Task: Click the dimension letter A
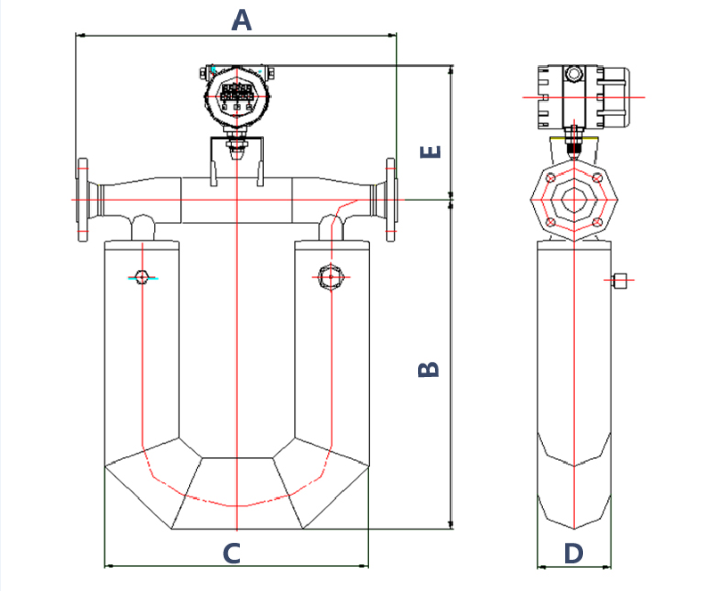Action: coord(242,20)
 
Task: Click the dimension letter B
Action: coord(430,369)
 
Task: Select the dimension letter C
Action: coord(231,554)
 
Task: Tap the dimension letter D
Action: coord(574,554)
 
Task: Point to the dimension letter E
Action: coord(431,152)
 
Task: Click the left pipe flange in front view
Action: coord(83,200)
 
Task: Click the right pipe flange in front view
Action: coord(390,200)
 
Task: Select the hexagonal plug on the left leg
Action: coord(142,276)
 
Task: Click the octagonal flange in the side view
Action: coord(574,201)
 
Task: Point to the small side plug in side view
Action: coord(621,282)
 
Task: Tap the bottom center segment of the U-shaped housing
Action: coord(236,493)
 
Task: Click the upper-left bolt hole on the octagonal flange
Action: coord(552,179)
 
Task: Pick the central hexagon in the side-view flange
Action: coord(574,201)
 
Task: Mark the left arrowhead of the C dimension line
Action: coord(108,565)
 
